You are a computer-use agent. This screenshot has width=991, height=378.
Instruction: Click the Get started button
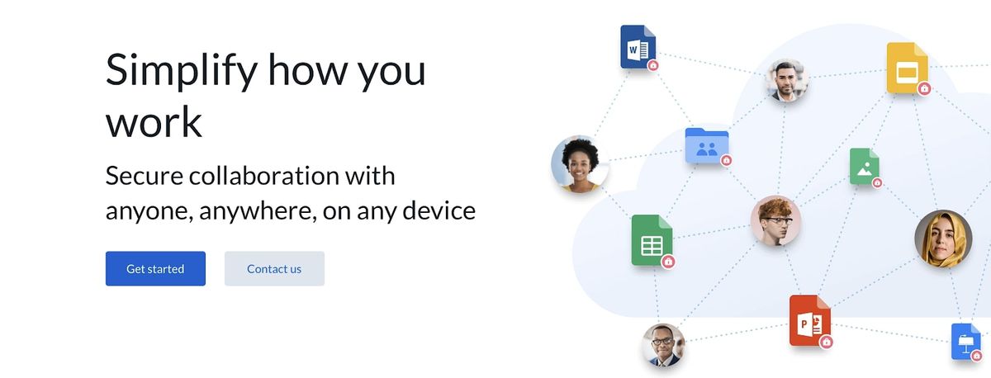coord(155,269)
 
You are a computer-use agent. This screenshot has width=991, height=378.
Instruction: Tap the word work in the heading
coord(154,122)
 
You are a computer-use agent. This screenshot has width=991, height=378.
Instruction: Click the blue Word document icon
coord(637,46)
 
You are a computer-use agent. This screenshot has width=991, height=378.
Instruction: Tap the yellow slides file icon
coord(907,68)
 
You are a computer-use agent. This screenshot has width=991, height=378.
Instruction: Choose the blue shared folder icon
coord(706,146)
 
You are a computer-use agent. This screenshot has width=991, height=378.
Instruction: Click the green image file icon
coord(864,166)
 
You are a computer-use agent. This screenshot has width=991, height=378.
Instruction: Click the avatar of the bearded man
coord(785,80)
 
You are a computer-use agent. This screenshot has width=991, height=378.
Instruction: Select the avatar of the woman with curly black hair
coord(580,163)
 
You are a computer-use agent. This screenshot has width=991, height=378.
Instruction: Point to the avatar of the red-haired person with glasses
coord(775,220)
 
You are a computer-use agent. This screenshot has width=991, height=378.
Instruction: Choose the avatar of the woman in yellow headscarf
coord(942,239)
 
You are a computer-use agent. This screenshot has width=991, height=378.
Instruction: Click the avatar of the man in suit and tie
coord(664,345)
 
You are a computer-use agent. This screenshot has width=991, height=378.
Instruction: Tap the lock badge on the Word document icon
coord(653,64)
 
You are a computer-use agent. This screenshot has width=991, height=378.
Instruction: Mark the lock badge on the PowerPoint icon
coord(826,341)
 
